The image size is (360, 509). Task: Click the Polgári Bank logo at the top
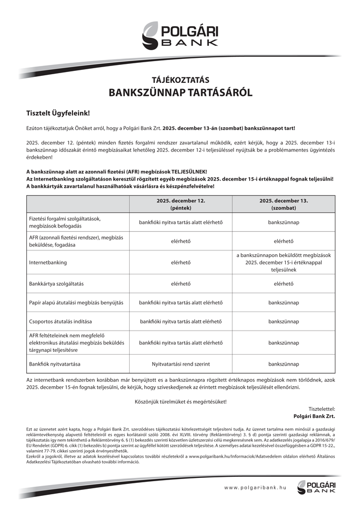point(180,35)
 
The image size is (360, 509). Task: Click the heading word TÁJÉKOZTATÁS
point(180,79)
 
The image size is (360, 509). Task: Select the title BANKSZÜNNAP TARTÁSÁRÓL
point(180,93)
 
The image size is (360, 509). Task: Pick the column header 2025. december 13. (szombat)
point(284,204)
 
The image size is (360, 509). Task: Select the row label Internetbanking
point(48,262)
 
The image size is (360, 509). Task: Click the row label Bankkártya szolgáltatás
point(60,284)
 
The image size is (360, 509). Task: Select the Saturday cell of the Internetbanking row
point(284,262)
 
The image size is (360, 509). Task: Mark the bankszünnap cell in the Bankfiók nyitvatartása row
point(284,363)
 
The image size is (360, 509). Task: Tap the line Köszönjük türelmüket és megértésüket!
point(180,402)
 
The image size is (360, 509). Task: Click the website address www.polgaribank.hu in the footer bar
point(255,487)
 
